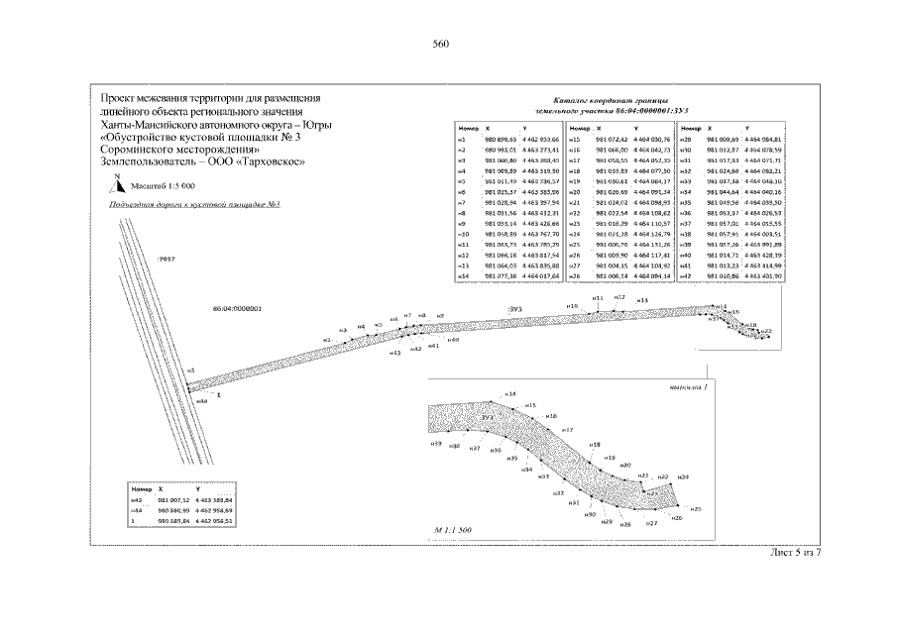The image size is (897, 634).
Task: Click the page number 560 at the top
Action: point(441,44)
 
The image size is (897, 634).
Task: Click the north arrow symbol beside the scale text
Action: point(117,182)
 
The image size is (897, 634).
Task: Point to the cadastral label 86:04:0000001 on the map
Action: point(237,309)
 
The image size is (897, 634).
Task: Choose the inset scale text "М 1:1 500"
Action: point(451,531)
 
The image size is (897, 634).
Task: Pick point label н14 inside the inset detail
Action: point(510,394)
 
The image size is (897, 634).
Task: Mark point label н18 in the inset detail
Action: point(595,445)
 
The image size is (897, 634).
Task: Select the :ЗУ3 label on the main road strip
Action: point(513,310)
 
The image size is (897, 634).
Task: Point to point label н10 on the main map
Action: point(572,306)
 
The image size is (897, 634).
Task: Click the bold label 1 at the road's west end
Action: point(217,394)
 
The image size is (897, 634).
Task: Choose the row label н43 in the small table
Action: point(139,502)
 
